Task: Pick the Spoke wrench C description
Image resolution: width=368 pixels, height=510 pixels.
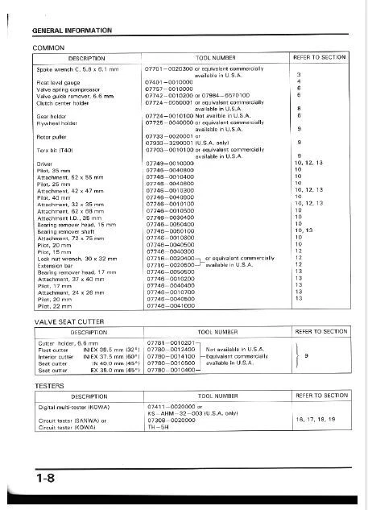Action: point(76,70)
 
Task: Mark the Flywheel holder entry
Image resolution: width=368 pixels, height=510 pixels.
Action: point(56,124)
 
